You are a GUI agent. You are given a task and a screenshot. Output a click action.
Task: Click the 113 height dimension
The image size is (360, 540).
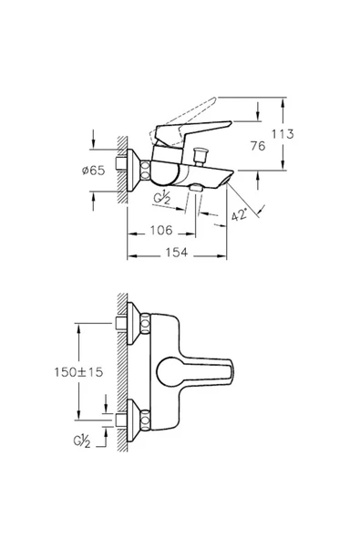click(283, 134)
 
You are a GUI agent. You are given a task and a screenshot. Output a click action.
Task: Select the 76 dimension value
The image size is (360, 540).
click(258, 146)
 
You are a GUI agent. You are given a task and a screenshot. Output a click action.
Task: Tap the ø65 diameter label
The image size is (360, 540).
click(93, 171)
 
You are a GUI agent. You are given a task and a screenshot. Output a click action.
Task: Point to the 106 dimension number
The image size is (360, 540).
click(161, 230)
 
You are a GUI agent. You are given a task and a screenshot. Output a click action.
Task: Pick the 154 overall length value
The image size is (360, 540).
click(177, 253)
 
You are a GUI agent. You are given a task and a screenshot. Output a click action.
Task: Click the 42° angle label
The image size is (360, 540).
click(239, 215)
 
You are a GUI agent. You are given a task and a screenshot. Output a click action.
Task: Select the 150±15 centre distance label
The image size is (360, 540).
click(78, 372)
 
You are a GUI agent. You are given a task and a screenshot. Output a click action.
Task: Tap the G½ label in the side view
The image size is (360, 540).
click(161, 198)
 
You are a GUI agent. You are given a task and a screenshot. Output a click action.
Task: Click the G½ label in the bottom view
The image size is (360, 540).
click(81, 441)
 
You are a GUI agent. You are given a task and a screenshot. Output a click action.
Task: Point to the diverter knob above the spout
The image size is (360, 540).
click(201, 156)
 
